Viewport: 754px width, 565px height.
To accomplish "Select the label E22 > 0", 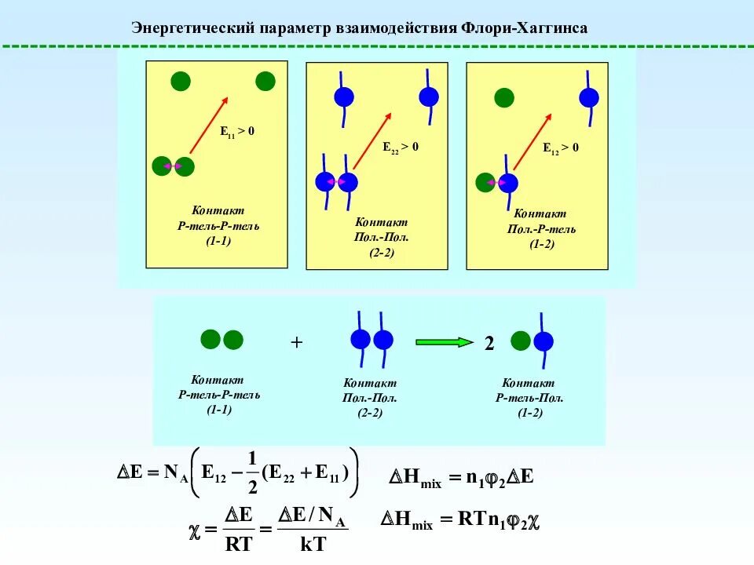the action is pyautogui.click(x=401, y=147).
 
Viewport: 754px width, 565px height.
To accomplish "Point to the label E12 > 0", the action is pyautogui.click(x=561, y=147).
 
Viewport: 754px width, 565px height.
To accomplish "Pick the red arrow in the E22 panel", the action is pyautogui.click(x=372, y=141).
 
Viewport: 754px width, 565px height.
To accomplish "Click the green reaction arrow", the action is pyautogui.click(x=444, y=341).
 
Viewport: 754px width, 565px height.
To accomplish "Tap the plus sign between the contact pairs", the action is pyautogui.click(x=296, y=342).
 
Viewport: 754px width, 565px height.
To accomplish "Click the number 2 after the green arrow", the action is pyautogui.click(x=489, y=344).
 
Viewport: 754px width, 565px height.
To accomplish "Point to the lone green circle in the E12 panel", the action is pyautogui.click(x=503, y=97).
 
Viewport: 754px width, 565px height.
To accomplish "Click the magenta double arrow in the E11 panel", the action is pyautogui.click(x=173, y=166).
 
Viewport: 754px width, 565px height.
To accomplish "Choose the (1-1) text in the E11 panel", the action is pyautogui.click(x=218, y=241).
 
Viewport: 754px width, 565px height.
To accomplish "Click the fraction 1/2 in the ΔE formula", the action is pyautogui.click(x=252, y=472).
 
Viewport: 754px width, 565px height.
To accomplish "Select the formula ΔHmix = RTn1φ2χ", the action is pyautogui.click(x=463, y=519).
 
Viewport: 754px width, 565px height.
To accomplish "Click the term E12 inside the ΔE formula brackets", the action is pyautogui.click(x=214, y=472).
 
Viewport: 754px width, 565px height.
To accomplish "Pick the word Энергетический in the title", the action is pyautogui.click(x=192, y=28).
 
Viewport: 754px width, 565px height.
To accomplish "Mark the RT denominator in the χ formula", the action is pyautogui.click(x=238, y=541).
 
